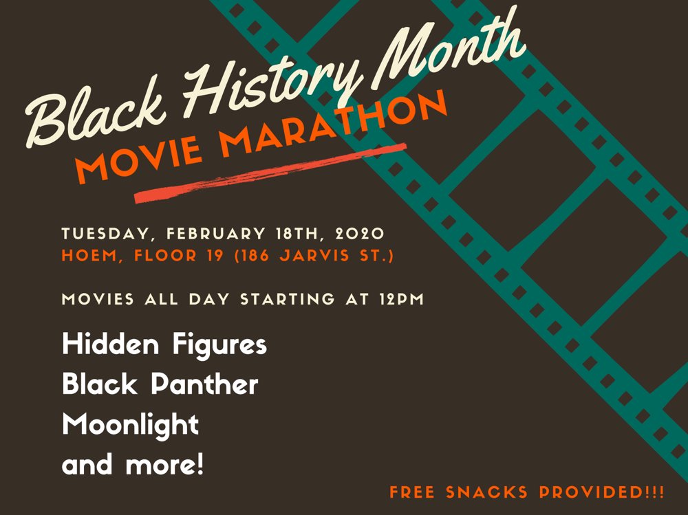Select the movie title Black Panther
160,384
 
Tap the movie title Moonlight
130,424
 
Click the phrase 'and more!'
133,465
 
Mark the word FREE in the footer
416,492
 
